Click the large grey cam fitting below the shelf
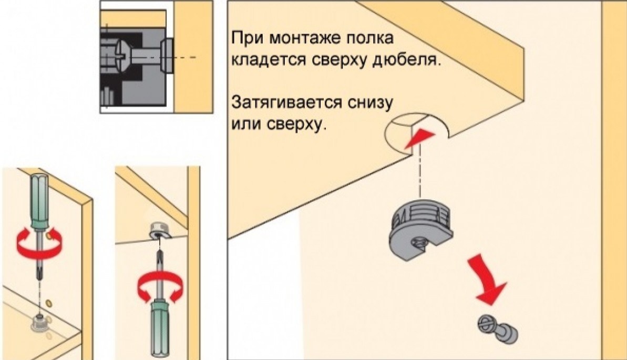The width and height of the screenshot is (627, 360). pyautogui.click(x=421, y=232)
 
